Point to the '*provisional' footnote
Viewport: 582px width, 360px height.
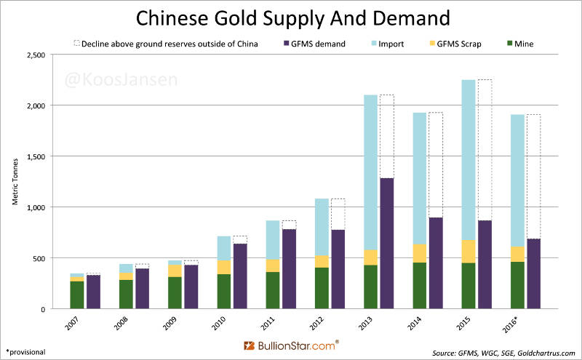[x=26, y=352]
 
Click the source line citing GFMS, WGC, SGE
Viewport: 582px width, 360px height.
[x=502, y=352]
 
